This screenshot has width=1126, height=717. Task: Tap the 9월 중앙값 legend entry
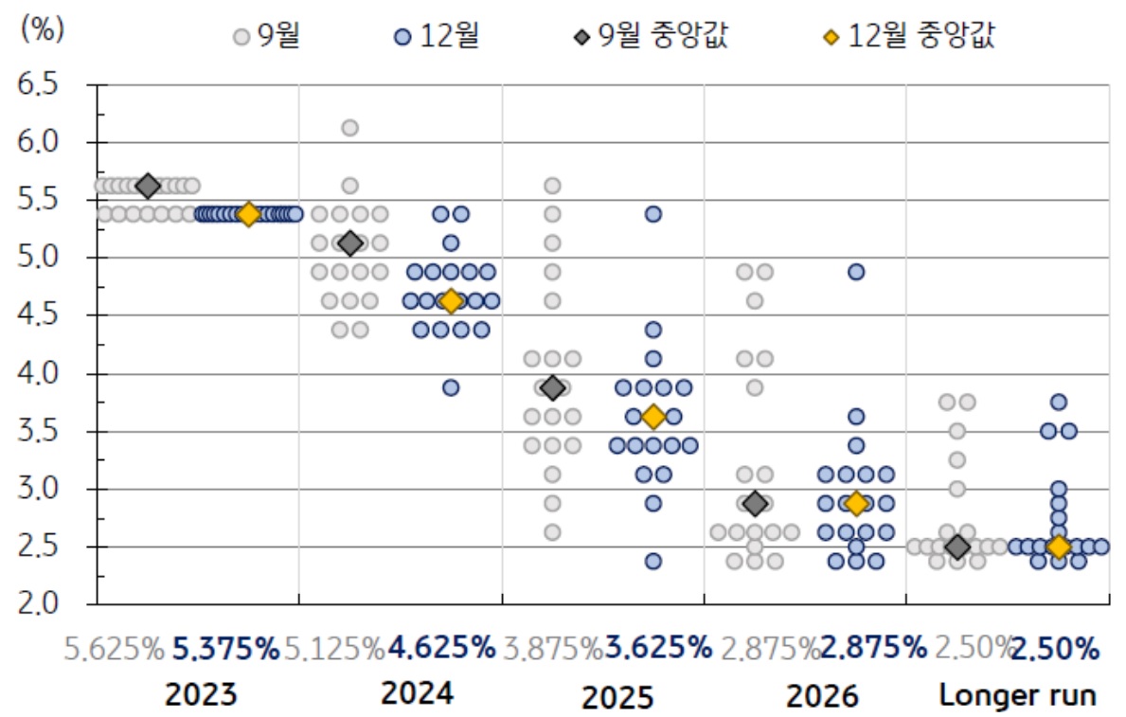pos(653,36)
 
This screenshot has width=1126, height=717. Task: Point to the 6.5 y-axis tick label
pos(38,84)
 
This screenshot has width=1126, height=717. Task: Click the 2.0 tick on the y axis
pos(38,603)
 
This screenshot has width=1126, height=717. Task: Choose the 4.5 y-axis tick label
pos(38,314)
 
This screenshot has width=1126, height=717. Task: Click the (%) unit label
pos(42,28)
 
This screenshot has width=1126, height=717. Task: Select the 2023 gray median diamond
pos(148,186)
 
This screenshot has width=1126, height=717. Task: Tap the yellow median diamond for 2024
pos(451,301)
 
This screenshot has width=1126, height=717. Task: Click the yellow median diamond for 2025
pos(653,417)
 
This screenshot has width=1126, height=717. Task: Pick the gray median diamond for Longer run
pos(957,547)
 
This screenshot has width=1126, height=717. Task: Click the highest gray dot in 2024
pos(349,128)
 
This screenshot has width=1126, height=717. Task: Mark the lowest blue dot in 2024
pos(451,387)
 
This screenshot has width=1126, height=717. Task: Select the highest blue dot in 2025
pos(653,214)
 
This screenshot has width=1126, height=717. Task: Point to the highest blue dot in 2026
pos(856,272)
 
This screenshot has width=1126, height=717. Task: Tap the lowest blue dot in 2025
pos(653,561)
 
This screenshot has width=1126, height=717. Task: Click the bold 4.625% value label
pos(441,649)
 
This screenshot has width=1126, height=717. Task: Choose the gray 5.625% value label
pos(115,649)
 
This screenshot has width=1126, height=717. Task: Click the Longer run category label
pos(1017,696)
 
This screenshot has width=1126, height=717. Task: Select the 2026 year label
pos(822,697)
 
